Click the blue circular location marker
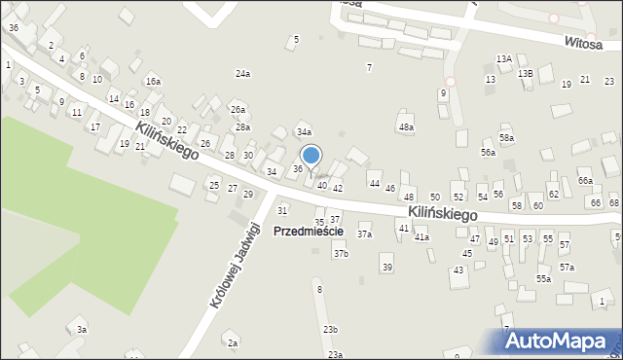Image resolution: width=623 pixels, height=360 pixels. (311, 155)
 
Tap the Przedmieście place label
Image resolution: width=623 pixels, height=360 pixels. (308, 232)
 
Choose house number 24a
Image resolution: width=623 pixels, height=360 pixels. (242, 74)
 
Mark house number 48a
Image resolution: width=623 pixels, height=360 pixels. (406, 127)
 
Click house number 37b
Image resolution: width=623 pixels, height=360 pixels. (341, 254)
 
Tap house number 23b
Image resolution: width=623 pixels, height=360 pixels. (331, 330)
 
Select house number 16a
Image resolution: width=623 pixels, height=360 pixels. (153, 81)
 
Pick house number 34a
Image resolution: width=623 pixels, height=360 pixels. (304, 131)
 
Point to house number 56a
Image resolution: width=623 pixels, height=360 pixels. (488, 153)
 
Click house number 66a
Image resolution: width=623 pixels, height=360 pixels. (585, 181)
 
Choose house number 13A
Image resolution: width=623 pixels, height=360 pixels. (503, 59)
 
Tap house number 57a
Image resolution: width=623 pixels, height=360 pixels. (567, 268)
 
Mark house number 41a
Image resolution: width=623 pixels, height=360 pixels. (421, 237)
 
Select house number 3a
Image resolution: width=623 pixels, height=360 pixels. (83, 330)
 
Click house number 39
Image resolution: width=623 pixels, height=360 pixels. (386, 268)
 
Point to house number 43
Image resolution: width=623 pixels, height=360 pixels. (458, 270)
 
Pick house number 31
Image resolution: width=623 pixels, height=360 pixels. (282, 210)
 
